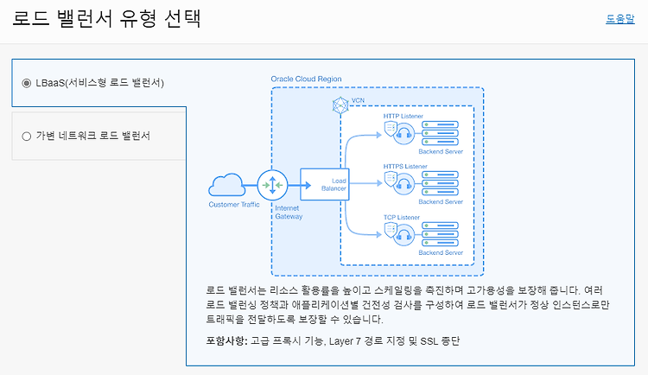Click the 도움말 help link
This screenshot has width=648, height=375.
[x=619, y=19]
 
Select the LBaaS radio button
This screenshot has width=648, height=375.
[x=27, y=83]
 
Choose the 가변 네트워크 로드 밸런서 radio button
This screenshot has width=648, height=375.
[x=27, y=136]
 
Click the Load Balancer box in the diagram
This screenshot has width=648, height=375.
[x=324, y=184]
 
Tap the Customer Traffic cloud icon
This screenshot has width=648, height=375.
[x=227, y=185]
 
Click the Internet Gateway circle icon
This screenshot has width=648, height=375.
[x=272, y=185]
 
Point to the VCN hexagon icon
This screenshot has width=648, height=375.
[x=340, y=105]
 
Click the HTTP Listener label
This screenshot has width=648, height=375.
[x=403, y=116]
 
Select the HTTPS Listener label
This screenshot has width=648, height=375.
[x=405, y=166]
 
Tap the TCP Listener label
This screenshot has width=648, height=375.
[x=401, y=217]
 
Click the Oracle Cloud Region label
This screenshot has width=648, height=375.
[x=306, y=79]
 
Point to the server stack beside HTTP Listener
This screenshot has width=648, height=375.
[x=440, y=133]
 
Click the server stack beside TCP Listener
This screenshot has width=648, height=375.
[x=440, y=234]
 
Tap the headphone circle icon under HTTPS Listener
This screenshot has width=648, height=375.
[x=403, y=184]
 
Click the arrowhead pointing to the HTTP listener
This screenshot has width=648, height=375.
[x=378, y=135]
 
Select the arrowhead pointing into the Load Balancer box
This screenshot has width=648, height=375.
[x=308, y=185]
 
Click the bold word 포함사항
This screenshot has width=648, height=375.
[x=226, y=341]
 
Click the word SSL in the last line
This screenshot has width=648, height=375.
[x=429, y=341]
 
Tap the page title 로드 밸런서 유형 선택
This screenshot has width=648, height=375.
[x=106, y=19]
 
